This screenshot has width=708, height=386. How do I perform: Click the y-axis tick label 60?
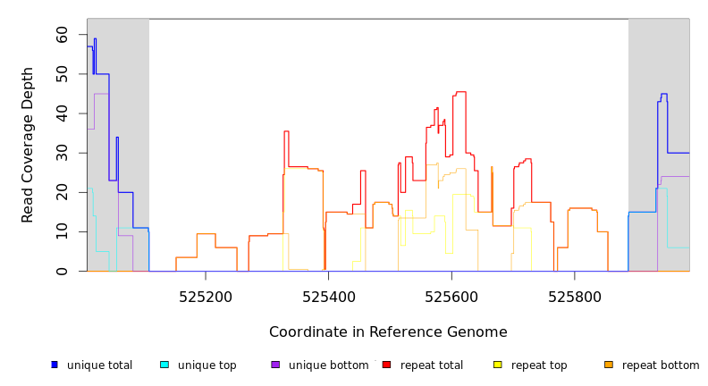[x=62, y=34]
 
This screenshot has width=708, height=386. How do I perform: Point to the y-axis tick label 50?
[x=62, y=74]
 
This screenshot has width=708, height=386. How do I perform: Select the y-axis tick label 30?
[x=62, y=154]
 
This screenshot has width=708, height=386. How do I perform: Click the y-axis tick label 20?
[x=62, y=192]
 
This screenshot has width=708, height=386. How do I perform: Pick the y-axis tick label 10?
[x=62, y=231]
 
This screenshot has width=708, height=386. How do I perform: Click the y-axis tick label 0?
[x=62, y=271]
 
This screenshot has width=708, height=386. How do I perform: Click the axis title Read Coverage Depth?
[x=29, y=144]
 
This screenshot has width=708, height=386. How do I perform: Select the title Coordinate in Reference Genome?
[x=388, y=332]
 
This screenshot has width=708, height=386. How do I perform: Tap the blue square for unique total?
[x=55, y=365]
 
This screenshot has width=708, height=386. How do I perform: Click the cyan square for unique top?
[x=164, y=365]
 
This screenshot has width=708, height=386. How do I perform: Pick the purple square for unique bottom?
[x=275, y=365]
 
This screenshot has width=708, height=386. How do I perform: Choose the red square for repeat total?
[x=386, y=365]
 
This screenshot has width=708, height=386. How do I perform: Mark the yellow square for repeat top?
[x=498, y=365]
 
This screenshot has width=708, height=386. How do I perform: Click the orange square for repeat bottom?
[x=609, y=365]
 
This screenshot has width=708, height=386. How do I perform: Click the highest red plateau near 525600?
[x=460, y=91]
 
